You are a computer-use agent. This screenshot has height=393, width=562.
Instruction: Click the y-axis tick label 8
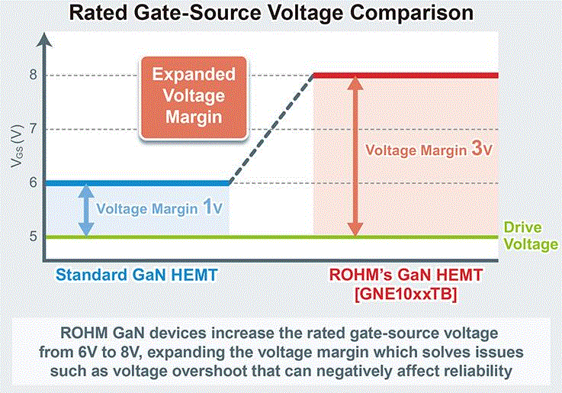point(34,75)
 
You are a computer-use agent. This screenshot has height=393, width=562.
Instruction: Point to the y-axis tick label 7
point(34,128)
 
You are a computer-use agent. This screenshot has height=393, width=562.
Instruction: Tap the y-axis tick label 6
point(34,182)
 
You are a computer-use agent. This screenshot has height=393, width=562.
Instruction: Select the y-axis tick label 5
point(34,237)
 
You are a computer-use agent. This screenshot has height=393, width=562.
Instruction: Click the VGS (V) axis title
point(17,147)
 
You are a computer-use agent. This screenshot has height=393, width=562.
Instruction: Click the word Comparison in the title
point(412,12)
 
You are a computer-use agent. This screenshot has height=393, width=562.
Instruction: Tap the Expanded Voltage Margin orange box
point(194,98)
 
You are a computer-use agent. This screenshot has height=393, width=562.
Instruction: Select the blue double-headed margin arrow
point(86,210)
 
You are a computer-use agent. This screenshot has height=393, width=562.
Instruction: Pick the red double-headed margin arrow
point(355,156)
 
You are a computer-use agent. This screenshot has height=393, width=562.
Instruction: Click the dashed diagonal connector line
point(271,129)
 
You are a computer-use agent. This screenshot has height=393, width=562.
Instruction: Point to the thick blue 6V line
point(136,183)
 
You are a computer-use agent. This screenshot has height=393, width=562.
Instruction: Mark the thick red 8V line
point(406,76)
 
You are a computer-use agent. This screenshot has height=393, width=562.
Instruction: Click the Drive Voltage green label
point(531,236)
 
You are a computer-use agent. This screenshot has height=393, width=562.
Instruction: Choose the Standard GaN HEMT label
point(136,275)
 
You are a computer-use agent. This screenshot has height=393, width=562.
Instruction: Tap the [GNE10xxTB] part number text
point(406,295)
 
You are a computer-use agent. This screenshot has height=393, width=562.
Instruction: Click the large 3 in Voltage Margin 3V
point(477,148)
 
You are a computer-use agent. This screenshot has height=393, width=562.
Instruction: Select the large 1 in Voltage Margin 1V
point(207,207)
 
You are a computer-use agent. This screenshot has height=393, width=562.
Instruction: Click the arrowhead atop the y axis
point(43,40)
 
